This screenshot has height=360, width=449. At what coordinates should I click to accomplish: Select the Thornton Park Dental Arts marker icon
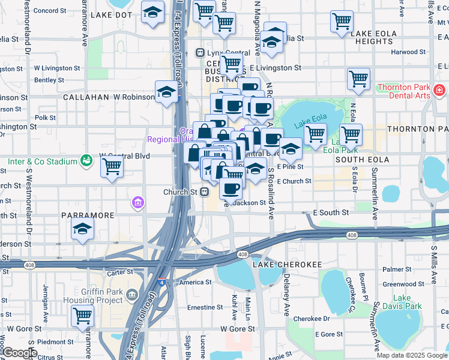pyautogui.click(x=439, y=91)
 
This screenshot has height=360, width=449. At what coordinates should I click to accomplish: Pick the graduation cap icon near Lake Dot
pyautogui.click(x=152, y=11)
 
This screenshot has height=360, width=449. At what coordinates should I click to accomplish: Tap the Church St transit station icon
pyautogui.click(x=204, y=192)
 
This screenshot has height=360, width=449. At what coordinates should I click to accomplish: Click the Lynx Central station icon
pyautogui.click(x=200, y=53)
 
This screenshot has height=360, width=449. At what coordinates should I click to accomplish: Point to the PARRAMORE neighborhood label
pyautogui.click(x=87, y=215)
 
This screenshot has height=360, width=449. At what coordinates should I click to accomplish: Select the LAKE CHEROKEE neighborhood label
pyautogui.click(x=288, y=264)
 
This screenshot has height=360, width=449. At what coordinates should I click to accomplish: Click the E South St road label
pyautogui.click(x=331, y=212)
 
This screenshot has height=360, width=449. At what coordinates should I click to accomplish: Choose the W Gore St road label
pyautogui.click(x=237, y=329)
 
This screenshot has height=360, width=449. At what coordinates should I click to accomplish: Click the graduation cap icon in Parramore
pyautogui.click(x=82, y=229)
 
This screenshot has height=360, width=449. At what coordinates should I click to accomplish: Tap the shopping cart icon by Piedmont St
pyautogui.click(x=82, y=315)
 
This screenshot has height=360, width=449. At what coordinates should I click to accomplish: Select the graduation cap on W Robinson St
pyautogui.click(x=166, y=91)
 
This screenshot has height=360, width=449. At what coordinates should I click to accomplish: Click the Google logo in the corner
pyautogui.click(x=20, y=353)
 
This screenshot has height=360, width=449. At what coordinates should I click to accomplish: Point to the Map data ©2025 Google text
pyautogui.click(x=411, y=355)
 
